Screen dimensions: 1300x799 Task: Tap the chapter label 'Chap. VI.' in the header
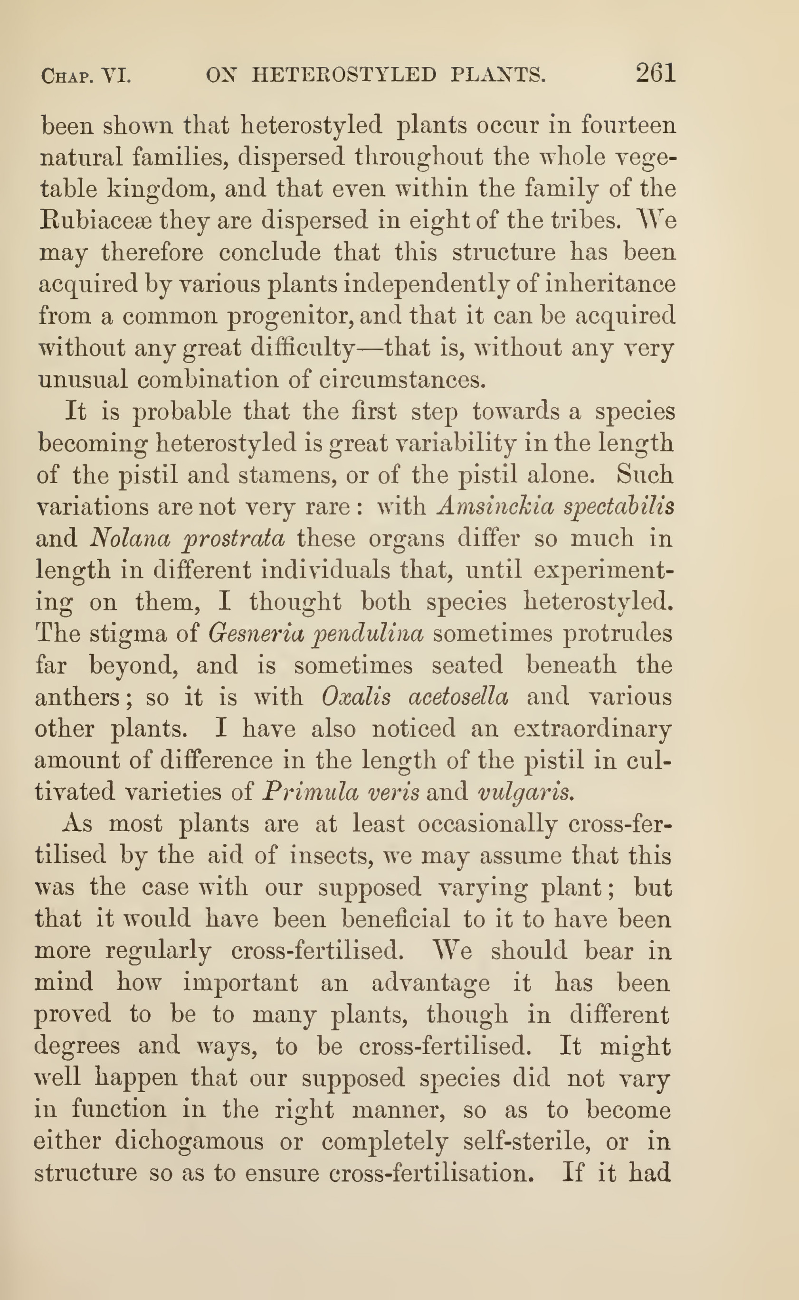click(x=86, y=76)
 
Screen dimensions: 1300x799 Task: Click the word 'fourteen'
click(x=628, y=125)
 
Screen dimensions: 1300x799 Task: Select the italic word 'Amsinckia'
click(x=495, y=506)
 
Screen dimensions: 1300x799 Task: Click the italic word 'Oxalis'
click(x=356, y=697)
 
